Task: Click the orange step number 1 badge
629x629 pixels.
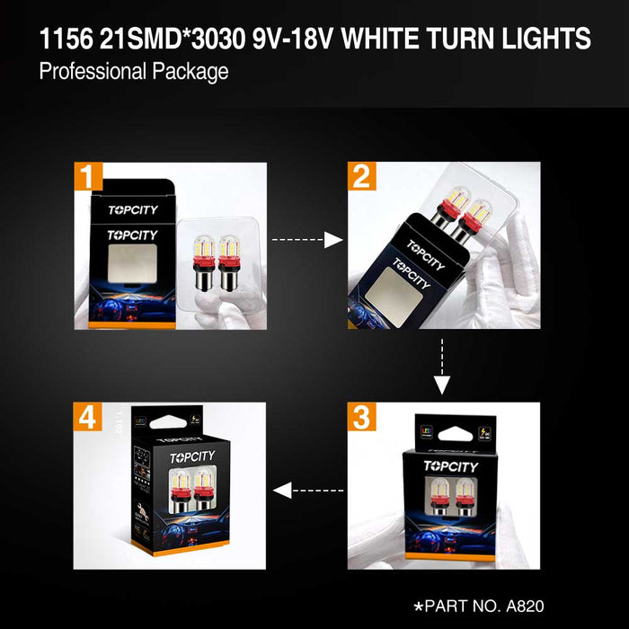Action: point(88,176)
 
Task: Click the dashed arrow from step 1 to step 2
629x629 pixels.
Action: point(307,240)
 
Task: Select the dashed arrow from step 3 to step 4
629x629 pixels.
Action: point(307,490)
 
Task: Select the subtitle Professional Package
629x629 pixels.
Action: point(134,72)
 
